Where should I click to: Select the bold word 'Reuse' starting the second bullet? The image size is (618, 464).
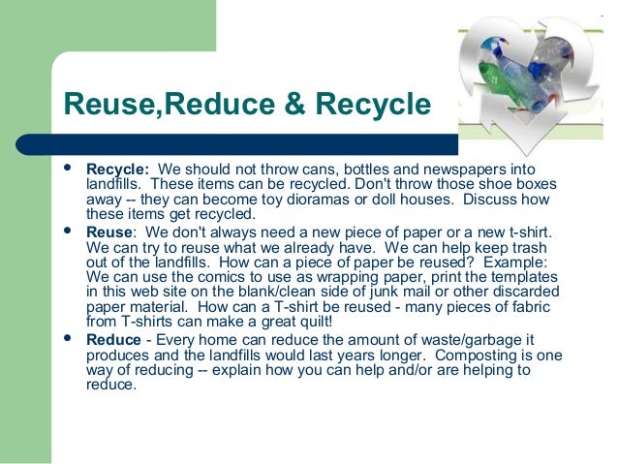tap(108, 232)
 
